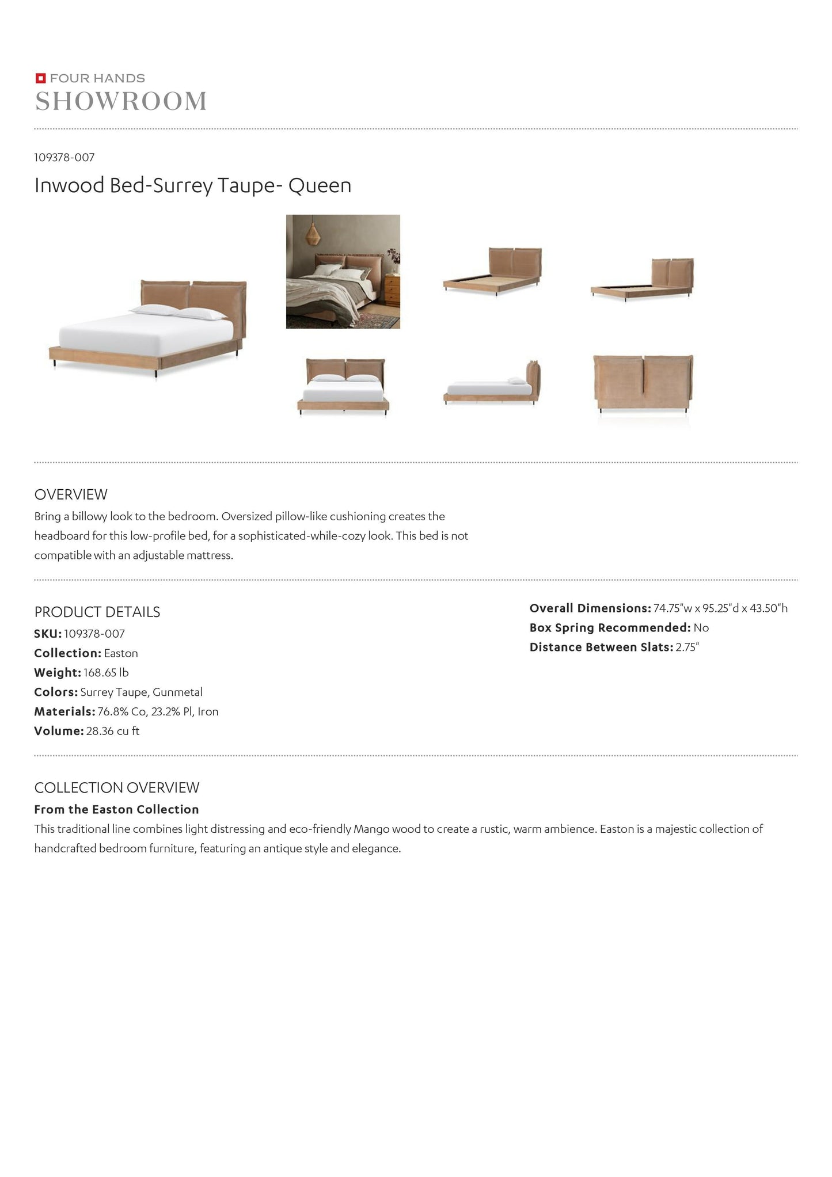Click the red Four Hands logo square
[x=40, y=78]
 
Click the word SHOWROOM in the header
[x=121, y=102]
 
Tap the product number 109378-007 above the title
[x=64, y=157]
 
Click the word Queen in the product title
[x=320, y=185]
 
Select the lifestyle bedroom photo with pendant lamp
[x=343, y=272]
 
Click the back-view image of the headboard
[x=643, y=384]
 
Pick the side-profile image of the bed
[x=492, y=384]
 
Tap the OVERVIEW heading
[x=71, y=494]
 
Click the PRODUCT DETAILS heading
[x=97, y=612]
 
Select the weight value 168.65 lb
[x=106, y=673]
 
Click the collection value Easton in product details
[x=121, y=653]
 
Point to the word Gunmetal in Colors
[x=177, y=692]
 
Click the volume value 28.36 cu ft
[x=113, y=731]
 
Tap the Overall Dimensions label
[x=590, y=608]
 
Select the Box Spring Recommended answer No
[x=701, y=628]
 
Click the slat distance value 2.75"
[x=687, y=647]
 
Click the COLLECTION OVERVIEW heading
[x=117, y=787]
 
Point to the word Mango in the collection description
[x=371, y=829]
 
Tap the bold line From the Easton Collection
[x=116, y=809]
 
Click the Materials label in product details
[x=64, y=711]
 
